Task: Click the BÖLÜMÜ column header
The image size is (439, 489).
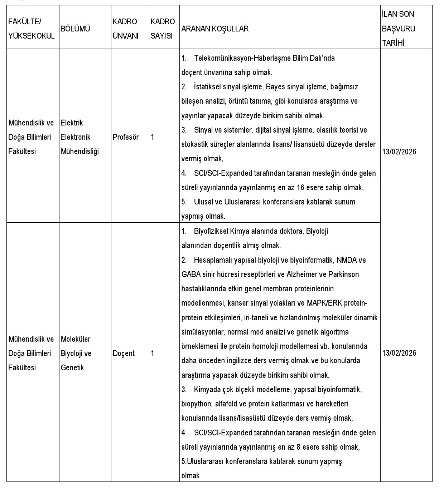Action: [75, 29]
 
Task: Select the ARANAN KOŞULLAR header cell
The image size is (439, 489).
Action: [215, 29]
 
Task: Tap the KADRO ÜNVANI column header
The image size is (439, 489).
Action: [125, 29]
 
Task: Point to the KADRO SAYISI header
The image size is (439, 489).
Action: [162, 29]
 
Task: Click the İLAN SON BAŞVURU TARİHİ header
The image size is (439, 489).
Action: [399, 29]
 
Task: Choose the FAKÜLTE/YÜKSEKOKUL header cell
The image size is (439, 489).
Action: [32, 29]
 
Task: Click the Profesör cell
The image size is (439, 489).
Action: [125, 137]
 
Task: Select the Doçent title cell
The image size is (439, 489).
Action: [124, 353]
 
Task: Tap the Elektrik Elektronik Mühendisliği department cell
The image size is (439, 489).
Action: [80, 137]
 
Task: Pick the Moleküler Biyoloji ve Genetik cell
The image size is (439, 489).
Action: [76, 353]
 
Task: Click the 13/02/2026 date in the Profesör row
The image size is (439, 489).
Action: [399, 152]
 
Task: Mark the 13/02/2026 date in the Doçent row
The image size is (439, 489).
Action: [399, 353]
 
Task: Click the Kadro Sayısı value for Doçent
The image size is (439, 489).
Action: [153, 353]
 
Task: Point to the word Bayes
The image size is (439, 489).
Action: [275, 87]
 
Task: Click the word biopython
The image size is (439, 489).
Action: [196, 404]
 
